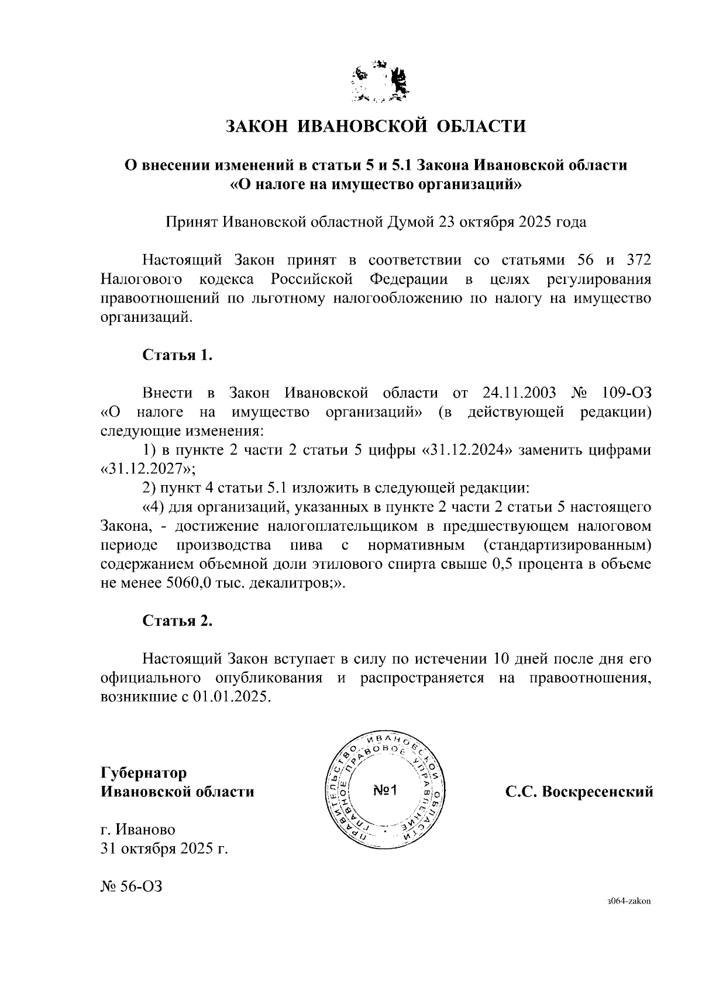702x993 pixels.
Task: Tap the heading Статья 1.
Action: pos(178,355)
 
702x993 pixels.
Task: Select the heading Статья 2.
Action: pos(178,621)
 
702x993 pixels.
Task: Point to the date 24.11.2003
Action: pos(520,393)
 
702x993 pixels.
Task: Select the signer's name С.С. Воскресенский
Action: pos(579,792)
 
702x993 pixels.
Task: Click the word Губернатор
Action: pos(144,773)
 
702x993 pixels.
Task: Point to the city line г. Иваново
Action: pos(138,829)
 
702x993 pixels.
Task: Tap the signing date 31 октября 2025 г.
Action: pos(164,848)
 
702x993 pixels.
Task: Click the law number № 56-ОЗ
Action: pos(131,887)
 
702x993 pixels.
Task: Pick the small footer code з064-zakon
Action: pos(629,918)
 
